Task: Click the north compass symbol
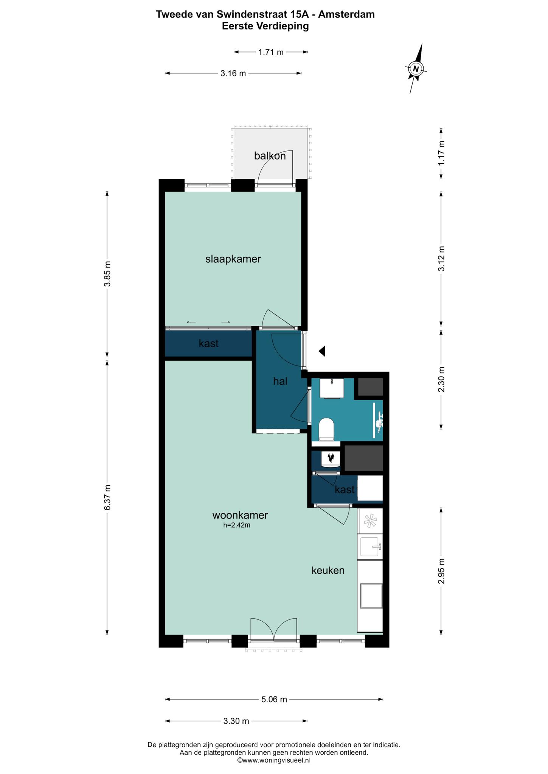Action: pyautogui.click(x=416, y=69)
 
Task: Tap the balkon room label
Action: pyautogui.click(x=270, y=156)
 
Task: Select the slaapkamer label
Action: pyautogui.click(x=233, y=259)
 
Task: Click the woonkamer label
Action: pyautogui.click(x=240, y=515)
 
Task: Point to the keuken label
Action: pyautogui.click(x=328, y=570)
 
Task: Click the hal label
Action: pyautogui.click(x=280, y=381)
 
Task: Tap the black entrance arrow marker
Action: pyautogui.click(x=322, y=351)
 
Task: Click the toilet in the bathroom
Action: pyautogui.click(x=327, y=429)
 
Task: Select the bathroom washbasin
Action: pyautogui.click(x=332, y=388)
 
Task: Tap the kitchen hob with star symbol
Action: pyautogui.click(x=370, y=521)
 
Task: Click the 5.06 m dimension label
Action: pyautogui.click(x=274, y=699)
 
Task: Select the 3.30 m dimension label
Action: pyautogui.click(x=236, y=721)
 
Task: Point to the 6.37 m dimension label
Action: pyautogui.click(x=107, y=497)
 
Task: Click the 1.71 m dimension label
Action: pyautogui.click(x=271, y=52)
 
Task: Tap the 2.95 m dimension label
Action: pyautogui.click(x=441, y=571)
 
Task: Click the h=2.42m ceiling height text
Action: pyautogui.click(x=237, y=525)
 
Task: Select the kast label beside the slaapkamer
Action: pyautogui.click(x=209, y=344)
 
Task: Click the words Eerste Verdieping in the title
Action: pyautogui.click(x=265, y=26)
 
